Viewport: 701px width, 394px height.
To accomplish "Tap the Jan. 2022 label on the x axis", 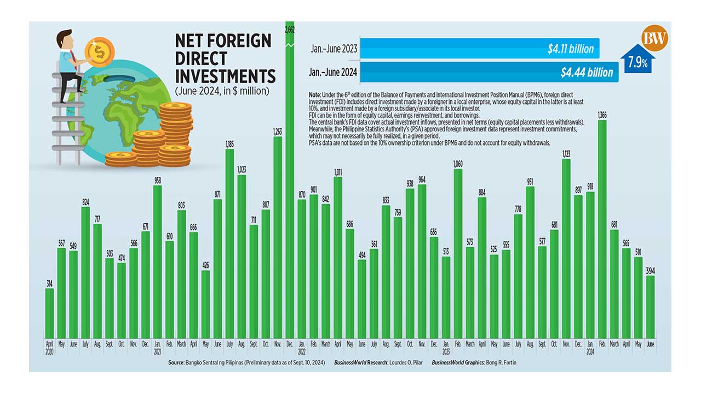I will point(302,349).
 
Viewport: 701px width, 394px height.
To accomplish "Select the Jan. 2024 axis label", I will point(590,349).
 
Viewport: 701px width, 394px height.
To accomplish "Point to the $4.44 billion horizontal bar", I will point(489,72).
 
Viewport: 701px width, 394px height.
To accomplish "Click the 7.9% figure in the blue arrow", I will point(638,63).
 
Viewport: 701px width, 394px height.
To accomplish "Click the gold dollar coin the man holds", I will point(100,53).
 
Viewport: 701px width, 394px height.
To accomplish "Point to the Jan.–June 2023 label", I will point(334,49).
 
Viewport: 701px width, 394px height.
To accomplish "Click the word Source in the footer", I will point(178,362).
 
